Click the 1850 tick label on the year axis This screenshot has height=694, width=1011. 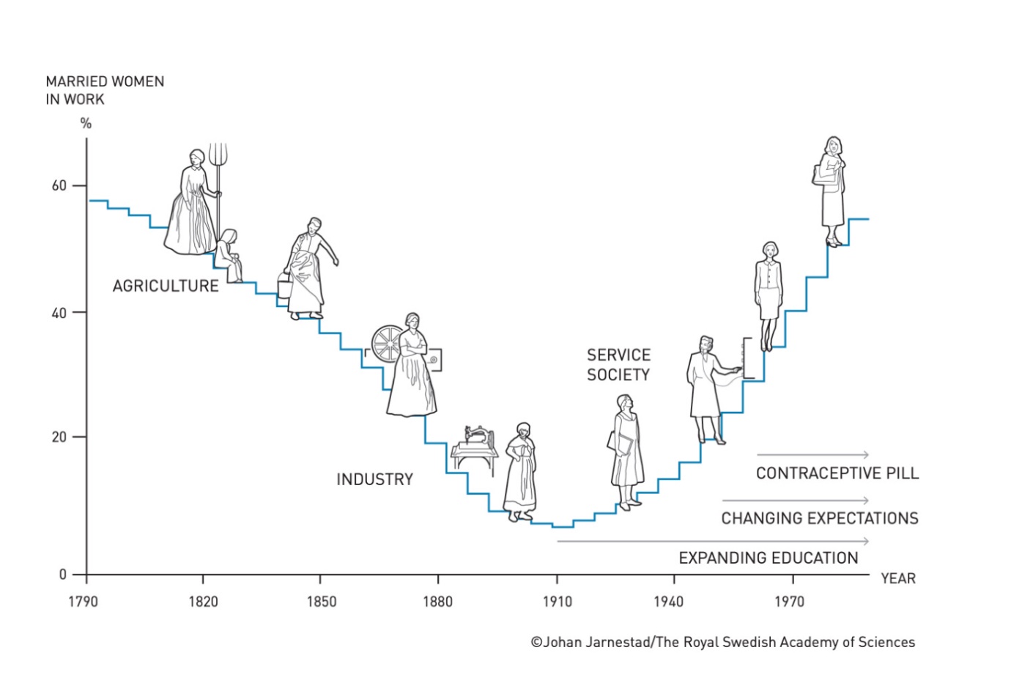(321, 602)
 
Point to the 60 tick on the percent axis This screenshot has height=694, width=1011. (59, 185)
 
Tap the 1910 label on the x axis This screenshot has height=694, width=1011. (557, 602)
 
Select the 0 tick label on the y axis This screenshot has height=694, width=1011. (63, 575)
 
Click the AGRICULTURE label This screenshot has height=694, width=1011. (166, 286)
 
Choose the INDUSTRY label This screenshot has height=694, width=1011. (374, 479)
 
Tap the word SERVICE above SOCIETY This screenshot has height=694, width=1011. (618, 355)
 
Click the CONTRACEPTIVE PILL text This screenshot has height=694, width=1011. (837, 473)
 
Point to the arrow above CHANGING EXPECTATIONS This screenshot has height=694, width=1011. (796, 501)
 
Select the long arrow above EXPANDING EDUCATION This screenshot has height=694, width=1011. (713, 541)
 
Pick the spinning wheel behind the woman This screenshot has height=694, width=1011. (386, 344)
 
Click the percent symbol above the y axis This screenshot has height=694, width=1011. (86, 123)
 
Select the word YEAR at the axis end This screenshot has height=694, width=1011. (898, 578)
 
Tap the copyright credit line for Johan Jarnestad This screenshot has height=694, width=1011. (722, 642)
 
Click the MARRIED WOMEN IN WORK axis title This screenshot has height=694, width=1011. (104, 90)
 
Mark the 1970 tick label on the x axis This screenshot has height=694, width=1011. (789, 602)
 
